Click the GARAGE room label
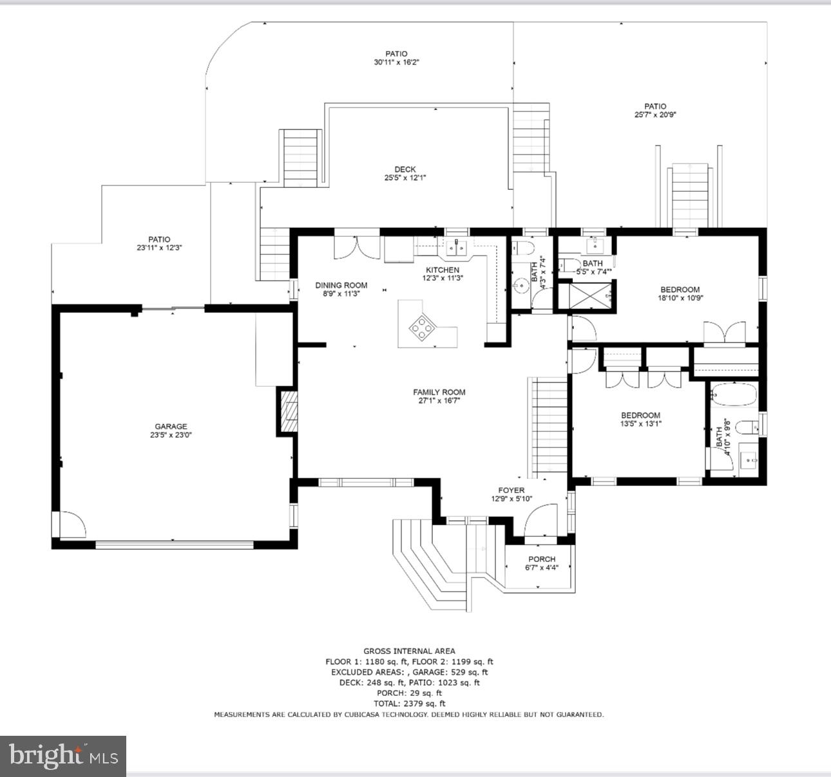tap(171, 427)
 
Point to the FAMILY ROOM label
tap(439, 392)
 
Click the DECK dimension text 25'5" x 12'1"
tap(405, 178)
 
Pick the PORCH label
tap(542, 559)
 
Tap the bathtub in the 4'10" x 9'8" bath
tap(734, 394)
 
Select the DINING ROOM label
tap(341, 285)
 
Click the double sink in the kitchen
tap(456, 248)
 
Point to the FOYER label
tap(511, 490)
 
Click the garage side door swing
tap(73, 525)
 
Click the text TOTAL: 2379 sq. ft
tap(409, 704)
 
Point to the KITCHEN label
tap(443, 270)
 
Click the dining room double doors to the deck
tap(357, 248)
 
